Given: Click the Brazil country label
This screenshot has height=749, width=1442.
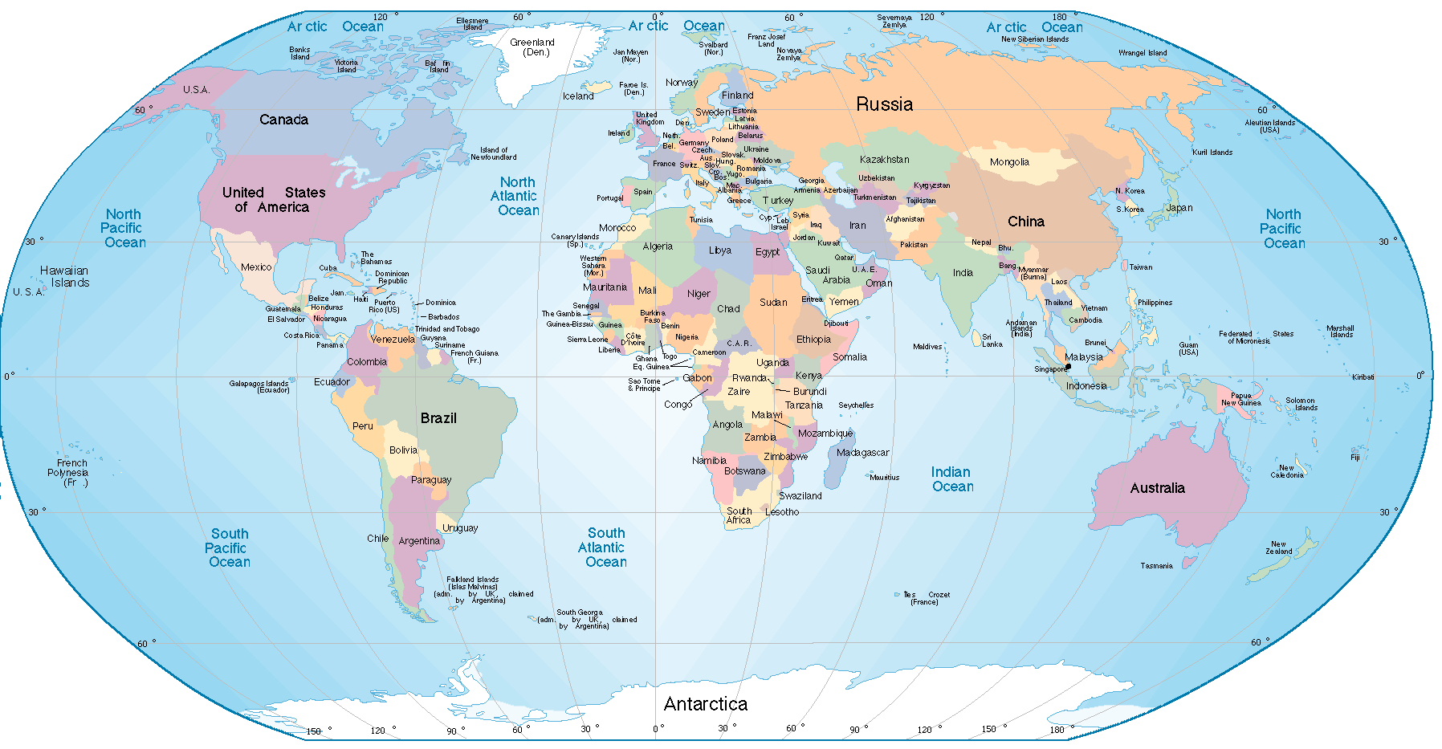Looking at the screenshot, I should (438, 418).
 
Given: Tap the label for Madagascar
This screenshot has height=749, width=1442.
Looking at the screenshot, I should (862, 453).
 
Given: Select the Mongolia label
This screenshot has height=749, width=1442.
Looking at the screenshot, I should (1009, 162).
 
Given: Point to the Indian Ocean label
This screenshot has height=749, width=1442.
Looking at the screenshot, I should (952, 479).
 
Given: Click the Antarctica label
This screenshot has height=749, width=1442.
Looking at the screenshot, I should (705, 704).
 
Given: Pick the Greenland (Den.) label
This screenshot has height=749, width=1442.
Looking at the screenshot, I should (532, 47).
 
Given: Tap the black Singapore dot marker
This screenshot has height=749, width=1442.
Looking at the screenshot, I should (1068, 367).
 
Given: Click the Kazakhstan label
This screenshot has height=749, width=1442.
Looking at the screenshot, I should (884, 160).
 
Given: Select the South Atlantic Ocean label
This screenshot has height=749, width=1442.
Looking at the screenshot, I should (605, 548).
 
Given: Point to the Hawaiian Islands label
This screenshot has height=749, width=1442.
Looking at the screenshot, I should (66, 277).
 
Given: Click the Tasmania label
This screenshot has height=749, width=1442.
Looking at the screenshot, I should (1156, 566).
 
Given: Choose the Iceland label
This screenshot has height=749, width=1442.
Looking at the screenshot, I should (578, 96).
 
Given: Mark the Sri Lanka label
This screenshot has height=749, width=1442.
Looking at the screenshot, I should (992, 340).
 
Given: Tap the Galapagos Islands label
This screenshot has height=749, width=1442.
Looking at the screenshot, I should (259, 387).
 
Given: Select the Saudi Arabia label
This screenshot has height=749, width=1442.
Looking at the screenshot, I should (827, 275).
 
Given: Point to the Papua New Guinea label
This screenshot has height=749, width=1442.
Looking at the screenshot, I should (1240, 399).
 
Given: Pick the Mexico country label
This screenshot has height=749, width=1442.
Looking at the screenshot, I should (256, 267).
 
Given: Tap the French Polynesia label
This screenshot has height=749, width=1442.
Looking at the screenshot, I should (69, 473).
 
